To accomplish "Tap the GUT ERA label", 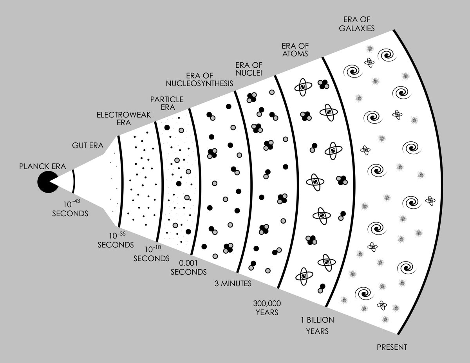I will click(x=87, y=146).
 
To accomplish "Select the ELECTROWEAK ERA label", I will click(x=114, y=119).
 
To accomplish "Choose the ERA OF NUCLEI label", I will click(x=249, y=68).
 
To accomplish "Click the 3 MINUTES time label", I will click(x=233, y=284).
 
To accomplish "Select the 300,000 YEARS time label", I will click(x=268, y=308).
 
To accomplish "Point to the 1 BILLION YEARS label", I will click(x=317, y=325).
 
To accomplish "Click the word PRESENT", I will click(x=392, y=347).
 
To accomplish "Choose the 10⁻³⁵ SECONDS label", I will click(x=116, y=240).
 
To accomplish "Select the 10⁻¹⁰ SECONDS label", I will click(x=152, y=254).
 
